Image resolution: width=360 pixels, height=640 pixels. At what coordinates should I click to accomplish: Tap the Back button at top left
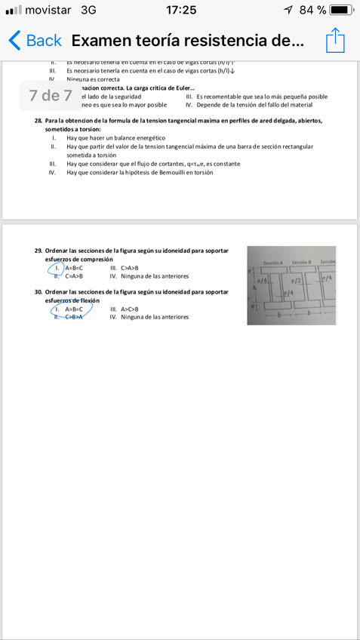click(x=35, y=41)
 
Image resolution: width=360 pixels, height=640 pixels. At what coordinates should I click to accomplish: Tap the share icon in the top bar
click(x=335, y=40)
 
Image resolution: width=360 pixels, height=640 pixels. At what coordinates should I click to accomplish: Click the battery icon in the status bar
click(x=341, y=10)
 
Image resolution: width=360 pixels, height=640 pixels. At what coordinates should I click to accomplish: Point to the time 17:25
click(x=180, y=10)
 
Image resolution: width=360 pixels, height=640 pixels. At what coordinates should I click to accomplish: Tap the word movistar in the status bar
click(x=48, y=10)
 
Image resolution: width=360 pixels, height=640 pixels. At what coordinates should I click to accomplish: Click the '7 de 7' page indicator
click(x=51, y=96)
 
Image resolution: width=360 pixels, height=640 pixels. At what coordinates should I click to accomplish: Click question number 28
click(x=38, y=121)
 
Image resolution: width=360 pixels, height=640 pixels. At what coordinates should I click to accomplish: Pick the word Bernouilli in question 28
click(x=168, y=172)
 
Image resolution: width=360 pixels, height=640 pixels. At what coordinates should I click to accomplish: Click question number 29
click(x=38, y=250)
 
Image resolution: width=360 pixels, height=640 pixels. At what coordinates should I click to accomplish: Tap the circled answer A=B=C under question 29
click(x=73, y=268)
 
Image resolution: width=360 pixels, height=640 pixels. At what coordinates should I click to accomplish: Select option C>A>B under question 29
click(x=73, y=276)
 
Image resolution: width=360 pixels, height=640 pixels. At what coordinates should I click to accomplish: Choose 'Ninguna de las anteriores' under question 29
click(x=155, y=276)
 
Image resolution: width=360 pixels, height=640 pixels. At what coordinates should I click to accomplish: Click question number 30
click(x=38, y=291)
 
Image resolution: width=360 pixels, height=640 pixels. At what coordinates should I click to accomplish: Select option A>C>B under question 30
click(x=130, y=309)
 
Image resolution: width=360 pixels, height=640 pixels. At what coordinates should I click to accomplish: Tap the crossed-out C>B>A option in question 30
click(x=73, y=317)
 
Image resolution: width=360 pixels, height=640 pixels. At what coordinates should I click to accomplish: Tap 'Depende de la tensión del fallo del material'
click(x=254, y=105)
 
